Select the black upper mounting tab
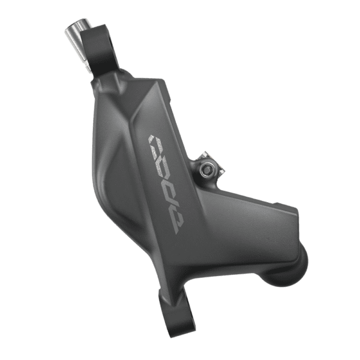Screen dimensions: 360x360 tap(99, 49)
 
